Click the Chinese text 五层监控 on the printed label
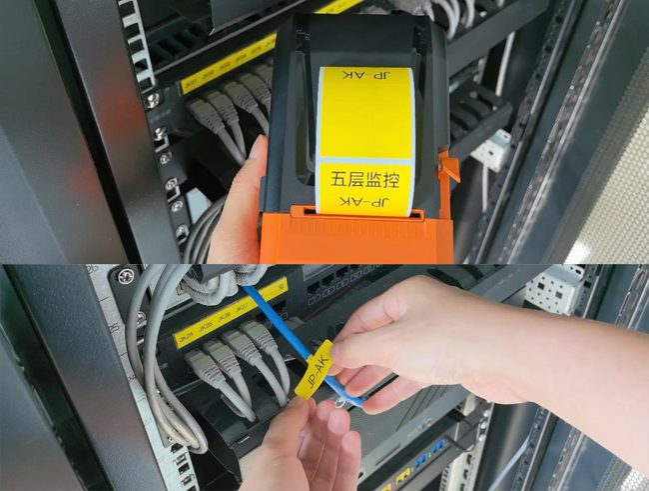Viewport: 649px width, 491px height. pos(363,181)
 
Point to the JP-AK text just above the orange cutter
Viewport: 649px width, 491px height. pos(362,203)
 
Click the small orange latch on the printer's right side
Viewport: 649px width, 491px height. pos(448,167)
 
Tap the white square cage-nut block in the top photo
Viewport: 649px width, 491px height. pos(492,149)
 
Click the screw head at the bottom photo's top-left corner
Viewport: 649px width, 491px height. pos(124,276)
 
